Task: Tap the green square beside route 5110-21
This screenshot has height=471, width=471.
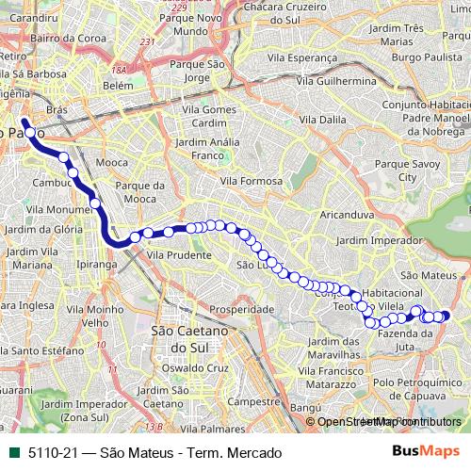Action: coord(11,453)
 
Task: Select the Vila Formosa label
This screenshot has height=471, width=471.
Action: coord(252,180)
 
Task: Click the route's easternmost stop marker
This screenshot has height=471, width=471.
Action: coord(446,316)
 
